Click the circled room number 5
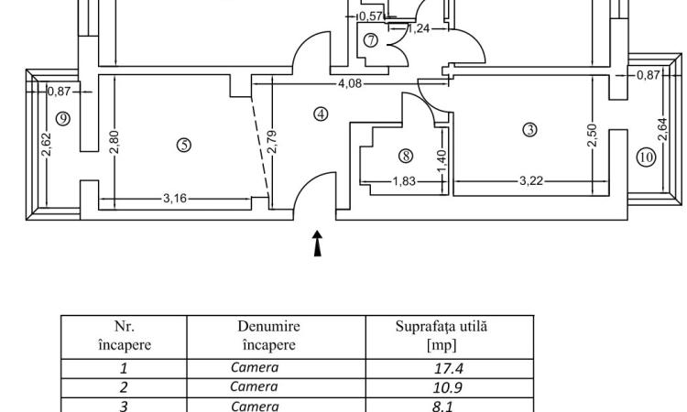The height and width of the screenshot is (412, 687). tap(184, 145)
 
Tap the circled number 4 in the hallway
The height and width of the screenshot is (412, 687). tap(322, 114)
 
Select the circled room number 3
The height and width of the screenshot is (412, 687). tap(530, 130)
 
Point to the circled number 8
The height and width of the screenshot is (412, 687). tap(406, 156)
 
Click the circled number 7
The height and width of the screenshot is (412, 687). tap(371, 40)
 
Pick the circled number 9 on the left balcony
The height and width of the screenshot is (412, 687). tap(63, 119)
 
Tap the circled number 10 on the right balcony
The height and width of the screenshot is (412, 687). tap(647, 157)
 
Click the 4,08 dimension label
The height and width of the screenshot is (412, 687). tap(350, 83)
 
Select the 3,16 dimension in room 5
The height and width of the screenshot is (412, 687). tap(175, 199)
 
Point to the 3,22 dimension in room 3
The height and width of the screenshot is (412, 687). tap(531, 180)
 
